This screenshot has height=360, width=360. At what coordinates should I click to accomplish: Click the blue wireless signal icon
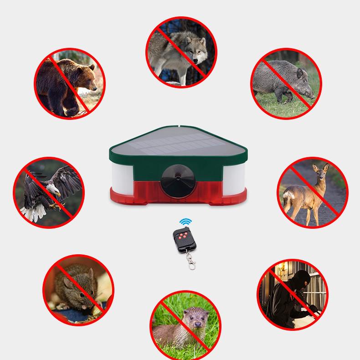tap(185, 222)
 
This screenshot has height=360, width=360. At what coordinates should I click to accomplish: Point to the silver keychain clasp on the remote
tap(191, 262)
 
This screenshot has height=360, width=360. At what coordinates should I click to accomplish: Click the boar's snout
tap(312, 95)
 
